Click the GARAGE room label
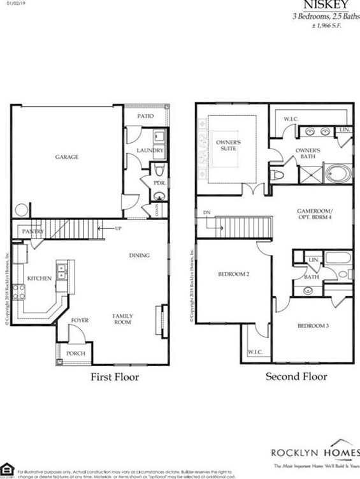pos(67,157)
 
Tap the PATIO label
pos(148,117)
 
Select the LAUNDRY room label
pos(151,151)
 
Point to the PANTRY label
pos(32,230)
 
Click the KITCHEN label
pos(39,278)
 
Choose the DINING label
pos(140,256)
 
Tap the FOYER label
pos(80,320)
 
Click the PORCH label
pos(76,352)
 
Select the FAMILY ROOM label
pos(123,319)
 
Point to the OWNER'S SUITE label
pos(226,145)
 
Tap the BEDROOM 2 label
pos(233,275)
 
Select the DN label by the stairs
pos(206,212)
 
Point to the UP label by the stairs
pos(119,228)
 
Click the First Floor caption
pos(114,377)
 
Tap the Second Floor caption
pos(296,376)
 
